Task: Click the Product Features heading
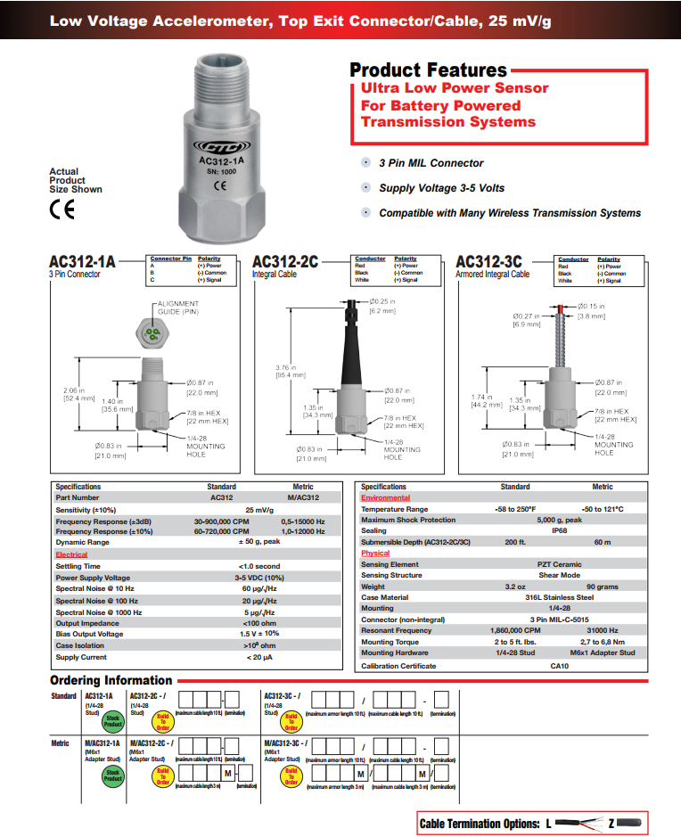428,70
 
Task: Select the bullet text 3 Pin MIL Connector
431,163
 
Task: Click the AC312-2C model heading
285,261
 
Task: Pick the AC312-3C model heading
488,261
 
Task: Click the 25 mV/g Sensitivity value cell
260,509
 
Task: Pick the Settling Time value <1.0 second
260,566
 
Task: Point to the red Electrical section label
72,554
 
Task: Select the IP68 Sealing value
559,530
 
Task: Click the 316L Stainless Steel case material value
559,597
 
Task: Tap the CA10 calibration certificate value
559,666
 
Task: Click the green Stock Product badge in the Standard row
112,721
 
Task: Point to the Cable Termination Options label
479,824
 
